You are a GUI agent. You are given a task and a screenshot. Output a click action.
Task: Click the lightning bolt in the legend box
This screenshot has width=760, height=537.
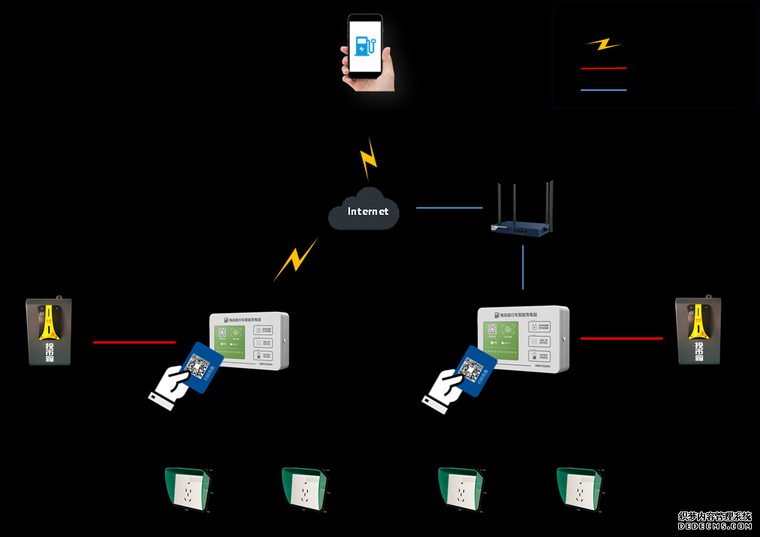(x=603, y=44)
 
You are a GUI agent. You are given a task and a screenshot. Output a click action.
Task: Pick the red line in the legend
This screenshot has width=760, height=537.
(x=603, y=68)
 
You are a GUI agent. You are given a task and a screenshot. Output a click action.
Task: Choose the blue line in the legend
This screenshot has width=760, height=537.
(x=603, y=90)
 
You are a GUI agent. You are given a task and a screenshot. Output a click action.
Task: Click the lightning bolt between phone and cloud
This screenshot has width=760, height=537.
(x=368, y=158)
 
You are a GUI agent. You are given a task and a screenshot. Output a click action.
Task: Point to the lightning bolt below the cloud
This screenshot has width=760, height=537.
(x=296, y=259)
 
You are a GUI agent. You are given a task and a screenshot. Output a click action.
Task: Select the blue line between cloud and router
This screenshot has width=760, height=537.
(x=449, y=207)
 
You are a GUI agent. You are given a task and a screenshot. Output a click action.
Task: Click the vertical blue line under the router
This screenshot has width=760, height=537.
(x=523, y=267)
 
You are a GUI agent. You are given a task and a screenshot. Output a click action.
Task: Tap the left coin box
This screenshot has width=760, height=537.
(x=50, y=331)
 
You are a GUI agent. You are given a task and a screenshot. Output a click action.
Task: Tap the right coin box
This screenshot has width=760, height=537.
(x=698, y=330)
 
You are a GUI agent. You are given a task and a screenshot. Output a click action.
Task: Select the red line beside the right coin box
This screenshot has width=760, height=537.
(x=622, y=339)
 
